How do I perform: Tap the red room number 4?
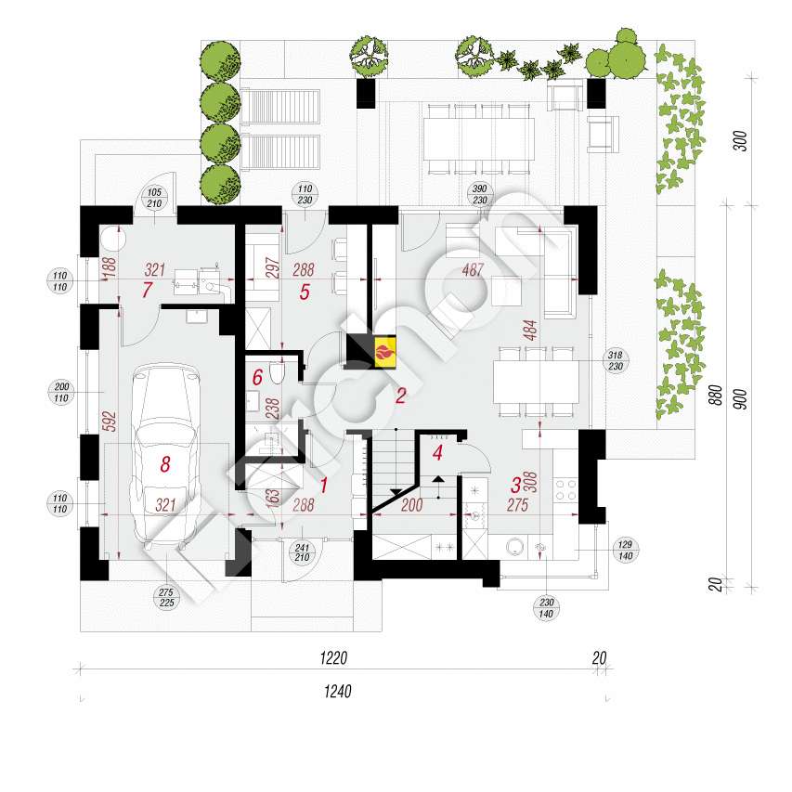click(437, 454)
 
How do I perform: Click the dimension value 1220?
click(333, 658)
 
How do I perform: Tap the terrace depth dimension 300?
click(740, 142)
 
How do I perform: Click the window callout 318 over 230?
click(614, 360)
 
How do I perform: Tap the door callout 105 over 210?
click(154, 198)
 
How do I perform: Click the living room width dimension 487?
click(474, 271)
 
